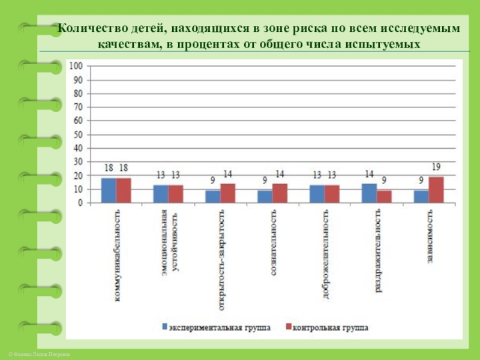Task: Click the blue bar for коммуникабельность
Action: point(109,190)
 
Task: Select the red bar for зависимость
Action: point(436,190)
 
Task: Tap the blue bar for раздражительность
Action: point(369,193)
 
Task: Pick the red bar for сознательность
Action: point(280,193)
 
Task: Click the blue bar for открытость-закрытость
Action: point(213,196)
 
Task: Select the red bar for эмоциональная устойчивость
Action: point(176,194)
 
